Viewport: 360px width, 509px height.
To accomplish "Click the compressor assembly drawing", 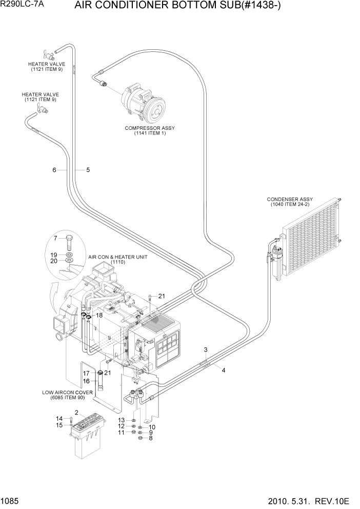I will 143,103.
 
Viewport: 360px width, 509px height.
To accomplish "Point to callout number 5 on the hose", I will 88,170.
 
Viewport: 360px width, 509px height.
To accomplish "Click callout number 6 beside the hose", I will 54,170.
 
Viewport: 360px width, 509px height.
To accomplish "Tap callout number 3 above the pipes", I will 206,350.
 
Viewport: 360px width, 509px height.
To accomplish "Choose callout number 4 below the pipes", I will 223,369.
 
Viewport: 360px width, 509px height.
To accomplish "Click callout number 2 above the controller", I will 76,412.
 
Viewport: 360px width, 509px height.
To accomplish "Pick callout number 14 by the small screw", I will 59,419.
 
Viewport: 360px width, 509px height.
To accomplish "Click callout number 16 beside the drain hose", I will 87,381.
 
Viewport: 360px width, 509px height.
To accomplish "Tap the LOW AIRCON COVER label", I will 67,395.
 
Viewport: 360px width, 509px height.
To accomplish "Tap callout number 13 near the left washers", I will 122,420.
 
